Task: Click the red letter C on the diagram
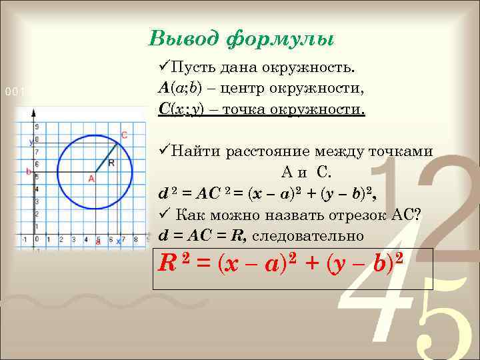[x=124, y=135]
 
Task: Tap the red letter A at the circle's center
[x=91, y=179]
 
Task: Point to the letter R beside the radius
[x=111, y=162]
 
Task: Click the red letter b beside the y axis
[x=28, y=172]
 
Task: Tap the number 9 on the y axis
[x=37, y=126]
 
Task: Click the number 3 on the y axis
[x=37, y=201]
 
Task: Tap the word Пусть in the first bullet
[x=195, y=67]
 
